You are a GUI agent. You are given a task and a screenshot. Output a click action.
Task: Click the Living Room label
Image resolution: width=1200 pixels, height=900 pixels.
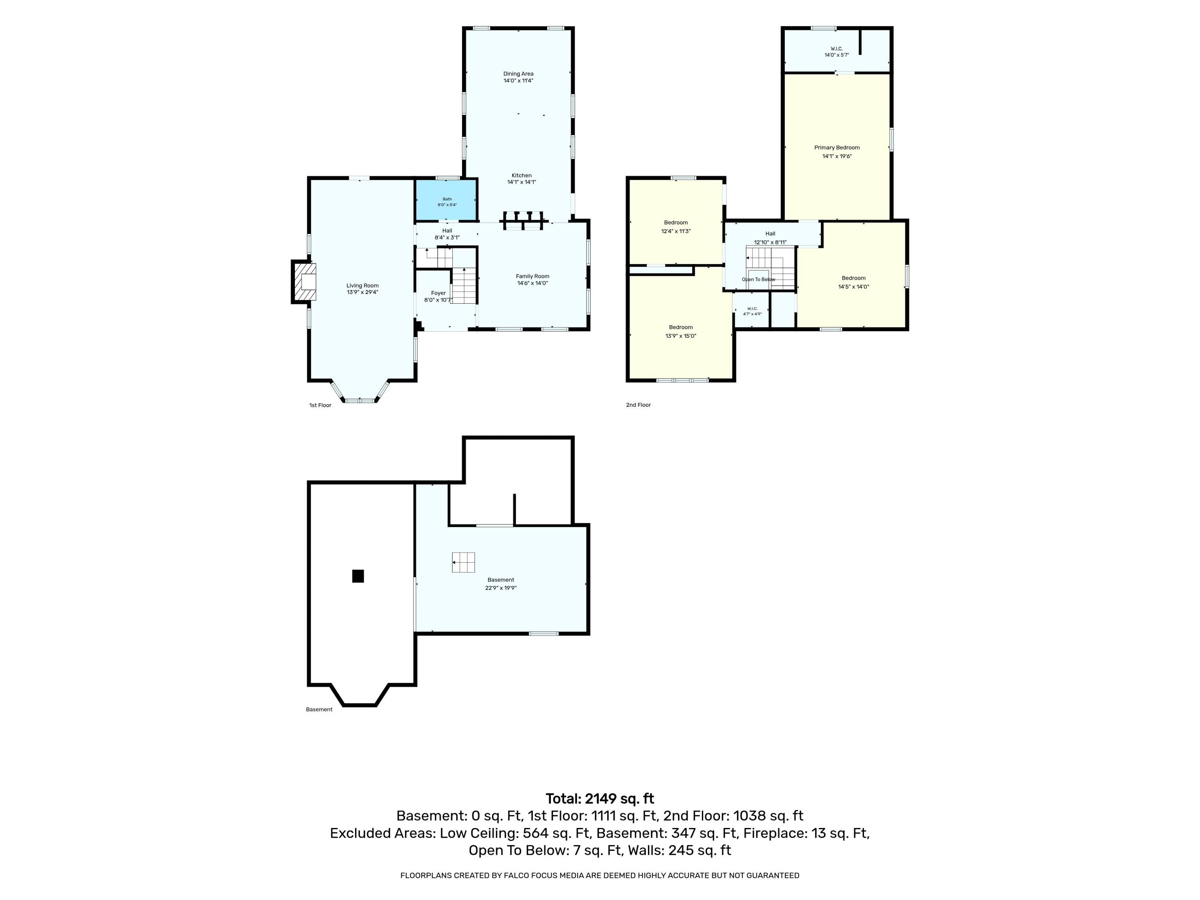362,285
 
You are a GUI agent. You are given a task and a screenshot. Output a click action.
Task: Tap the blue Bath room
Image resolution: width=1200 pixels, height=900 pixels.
446,200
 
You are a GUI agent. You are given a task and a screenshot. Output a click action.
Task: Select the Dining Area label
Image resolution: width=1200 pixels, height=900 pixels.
518,74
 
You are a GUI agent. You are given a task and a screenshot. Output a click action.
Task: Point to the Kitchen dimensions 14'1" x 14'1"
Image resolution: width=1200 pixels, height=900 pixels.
521,182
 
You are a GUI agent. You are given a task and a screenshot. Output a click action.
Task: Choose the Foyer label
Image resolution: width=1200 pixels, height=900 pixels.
438,293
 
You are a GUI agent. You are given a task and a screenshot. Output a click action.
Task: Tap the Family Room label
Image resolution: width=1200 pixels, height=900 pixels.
532,276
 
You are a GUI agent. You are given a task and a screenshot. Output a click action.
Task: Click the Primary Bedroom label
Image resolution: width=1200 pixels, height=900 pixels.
836,148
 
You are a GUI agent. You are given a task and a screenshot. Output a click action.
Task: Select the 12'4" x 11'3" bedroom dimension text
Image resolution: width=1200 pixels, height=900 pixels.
676,231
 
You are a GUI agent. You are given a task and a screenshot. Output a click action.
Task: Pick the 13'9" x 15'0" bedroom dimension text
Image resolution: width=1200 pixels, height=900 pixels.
681,336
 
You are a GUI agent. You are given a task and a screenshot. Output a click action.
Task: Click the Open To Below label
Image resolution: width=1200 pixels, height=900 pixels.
758,279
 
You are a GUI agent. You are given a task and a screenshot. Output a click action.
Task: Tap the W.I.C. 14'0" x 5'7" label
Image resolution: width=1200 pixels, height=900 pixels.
836,52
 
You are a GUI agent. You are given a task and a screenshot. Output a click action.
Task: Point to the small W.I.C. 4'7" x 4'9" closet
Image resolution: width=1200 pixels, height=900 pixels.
752,311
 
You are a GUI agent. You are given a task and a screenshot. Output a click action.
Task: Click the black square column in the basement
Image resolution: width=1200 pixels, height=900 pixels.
358,576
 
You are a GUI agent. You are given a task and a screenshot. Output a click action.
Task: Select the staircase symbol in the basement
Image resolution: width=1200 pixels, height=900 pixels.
463,562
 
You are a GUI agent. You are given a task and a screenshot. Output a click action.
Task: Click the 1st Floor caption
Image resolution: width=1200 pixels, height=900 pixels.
320,405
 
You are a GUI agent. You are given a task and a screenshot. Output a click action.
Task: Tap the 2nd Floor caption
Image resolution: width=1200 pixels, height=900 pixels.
638,405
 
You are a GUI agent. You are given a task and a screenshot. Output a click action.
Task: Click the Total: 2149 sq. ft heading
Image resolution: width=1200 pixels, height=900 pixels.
600,798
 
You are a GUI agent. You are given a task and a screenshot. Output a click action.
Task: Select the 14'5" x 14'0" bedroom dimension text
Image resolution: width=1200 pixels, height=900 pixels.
853,287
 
